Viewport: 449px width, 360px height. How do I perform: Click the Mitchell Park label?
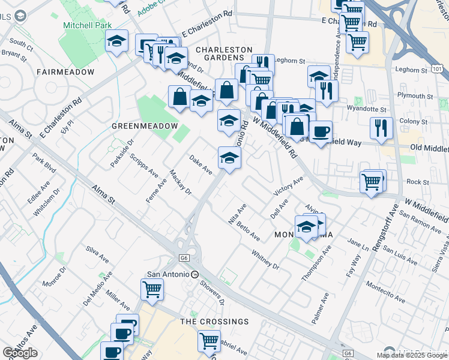click(85, 26)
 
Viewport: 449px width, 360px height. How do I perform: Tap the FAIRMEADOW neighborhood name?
click(65, 72)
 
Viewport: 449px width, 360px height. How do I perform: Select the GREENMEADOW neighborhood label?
click(145, 126)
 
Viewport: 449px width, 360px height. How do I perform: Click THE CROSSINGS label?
click(214, 322)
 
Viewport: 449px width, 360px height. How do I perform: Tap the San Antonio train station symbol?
click(194, 274)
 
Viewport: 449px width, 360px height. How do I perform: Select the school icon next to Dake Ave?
click(229, 158)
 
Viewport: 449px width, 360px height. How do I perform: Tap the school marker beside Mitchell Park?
click(117, 41)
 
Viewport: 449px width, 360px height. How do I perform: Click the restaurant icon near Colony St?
click(381, 127)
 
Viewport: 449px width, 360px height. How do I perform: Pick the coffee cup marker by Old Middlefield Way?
click(321, 131)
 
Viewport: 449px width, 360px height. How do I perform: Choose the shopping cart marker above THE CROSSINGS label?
click(152, 289)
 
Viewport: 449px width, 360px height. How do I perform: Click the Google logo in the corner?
click(20, 353)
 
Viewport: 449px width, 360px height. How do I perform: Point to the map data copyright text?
click(412, 355)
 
